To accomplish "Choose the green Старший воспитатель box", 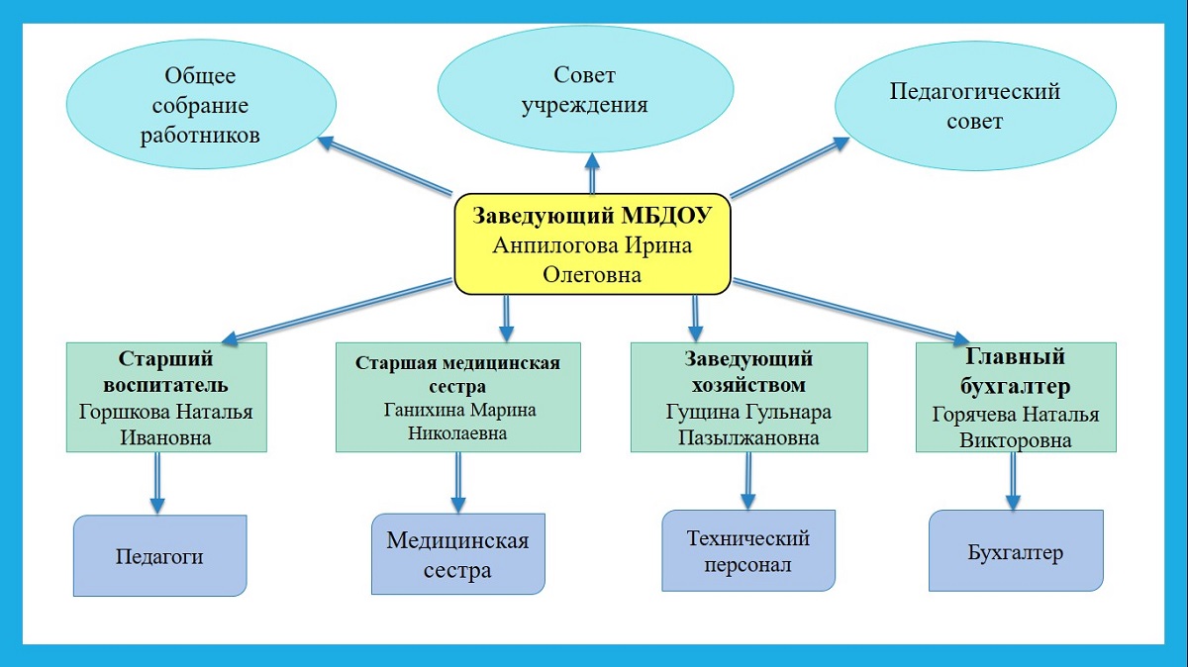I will click(166, 397).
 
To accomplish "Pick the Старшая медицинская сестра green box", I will click(457, 397).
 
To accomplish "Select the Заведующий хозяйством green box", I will click(748, 397).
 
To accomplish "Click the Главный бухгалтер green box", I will click(1015, 397).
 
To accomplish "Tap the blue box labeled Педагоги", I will click(159, 555).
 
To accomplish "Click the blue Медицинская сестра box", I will click(457, 554).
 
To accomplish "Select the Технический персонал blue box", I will click(748, 551).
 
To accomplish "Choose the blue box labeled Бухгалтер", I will click(1015, 551).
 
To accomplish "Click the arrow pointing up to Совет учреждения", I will click(592, 173).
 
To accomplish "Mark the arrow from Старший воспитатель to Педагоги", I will click(156, 483).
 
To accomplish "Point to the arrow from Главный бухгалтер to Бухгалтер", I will click(1013, 481).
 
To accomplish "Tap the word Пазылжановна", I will click(748, 437).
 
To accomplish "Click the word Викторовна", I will click(1015, 441).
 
